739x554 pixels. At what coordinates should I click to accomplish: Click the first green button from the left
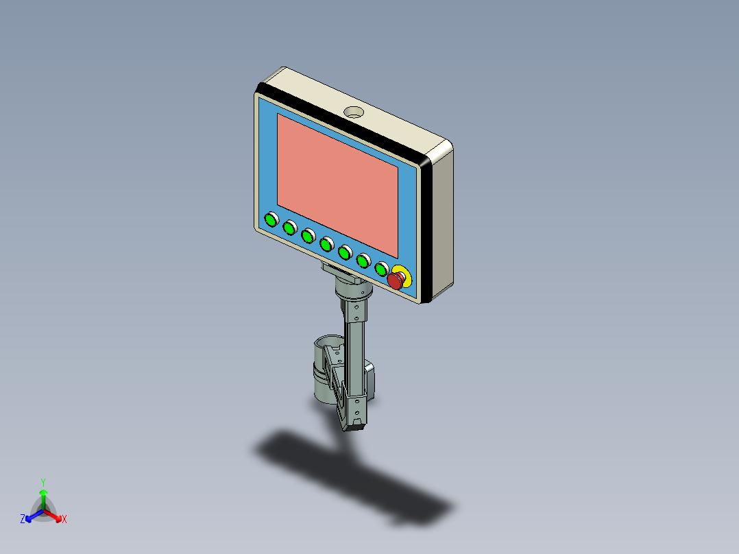[x=271, y=220]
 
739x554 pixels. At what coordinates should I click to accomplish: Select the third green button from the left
[x=308, y=235]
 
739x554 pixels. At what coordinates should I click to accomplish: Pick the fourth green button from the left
[x=327, y=243]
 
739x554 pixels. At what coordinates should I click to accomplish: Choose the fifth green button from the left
[x=346, y=252]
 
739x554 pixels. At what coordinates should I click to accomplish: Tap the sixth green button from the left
[x=364, y=260]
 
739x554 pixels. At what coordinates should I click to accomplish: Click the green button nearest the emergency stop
[x=382, y=268]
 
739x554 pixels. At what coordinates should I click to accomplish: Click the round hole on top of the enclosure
[x=354, y=111]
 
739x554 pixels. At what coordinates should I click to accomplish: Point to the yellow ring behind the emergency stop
[x=405, y=274]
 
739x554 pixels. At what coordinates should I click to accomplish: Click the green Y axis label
[x=43, y=481]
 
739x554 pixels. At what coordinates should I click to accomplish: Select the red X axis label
[x=64, y=520]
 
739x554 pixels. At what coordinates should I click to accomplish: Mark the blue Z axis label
[x=23, y=519]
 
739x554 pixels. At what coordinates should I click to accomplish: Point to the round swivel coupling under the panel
[x=354, y=291]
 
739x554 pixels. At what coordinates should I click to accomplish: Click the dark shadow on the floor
[x=356, y=480]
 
